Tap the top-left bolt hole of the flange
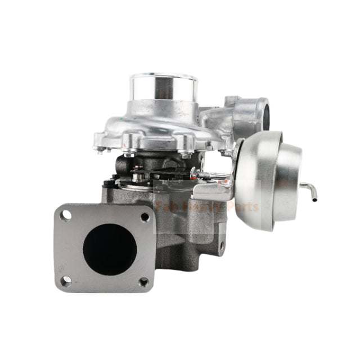[x=66, y=214]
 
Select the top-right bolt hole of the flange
[x=145, y=217]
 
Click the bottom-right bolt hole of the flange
[x=143, y=282]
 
